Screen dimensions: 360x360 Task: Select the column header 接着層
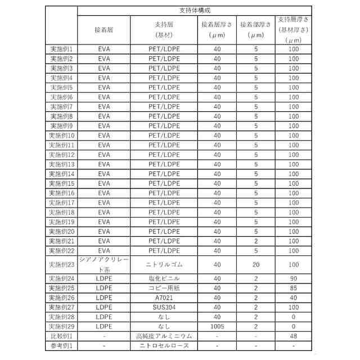(x=103, y=25)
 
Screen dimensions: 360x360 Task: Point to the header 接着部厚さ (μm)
(x=255, y=30)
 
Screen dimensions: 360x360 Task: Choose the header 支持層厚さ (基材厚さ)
(x=293, y=30)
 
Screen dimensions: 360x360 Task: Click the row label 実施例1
(x=61, y=49)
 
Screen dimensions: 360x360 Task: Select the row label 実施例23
(x=61, y=264)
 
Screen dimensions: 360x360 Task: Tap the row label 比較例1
(x=61, y=336)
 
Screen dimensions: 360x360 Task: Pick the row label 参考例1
(x=61, y=345)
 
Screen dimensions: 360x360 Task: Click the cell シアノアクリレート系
(x=103, y=264)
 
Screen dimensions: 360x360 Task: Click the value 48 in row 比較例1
(x=293, y=336)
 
